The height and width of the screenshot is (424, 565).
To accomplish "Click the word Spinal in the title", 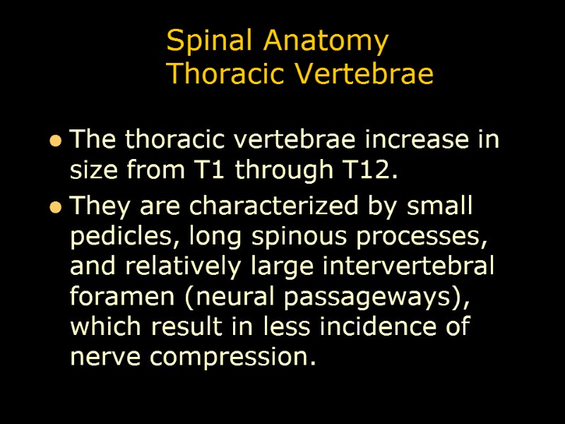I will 212,42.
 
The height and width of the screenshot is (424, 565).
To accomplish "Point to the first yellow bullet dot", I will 54,142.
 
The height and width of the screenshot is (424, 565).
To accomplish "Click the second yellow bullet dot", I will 54,208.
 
